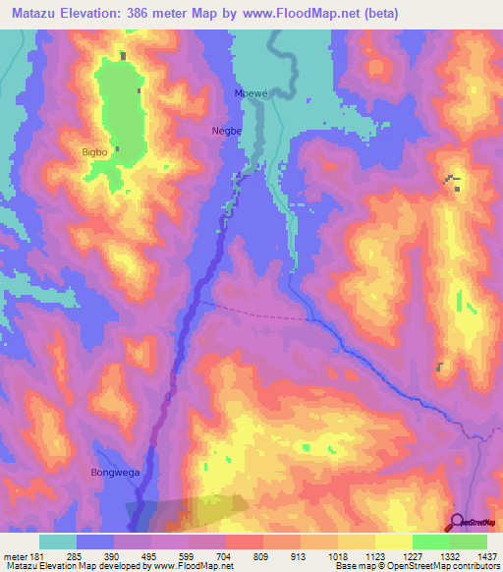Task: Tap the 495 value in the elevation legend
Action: (150, 555)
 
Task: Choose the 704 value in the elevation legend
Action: (225, 555)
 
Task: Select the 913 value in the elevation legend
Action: (300, 555)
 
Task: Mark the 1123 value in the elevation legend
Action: (374, 555)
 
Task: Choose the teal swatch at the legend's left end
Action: (58, 542)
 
